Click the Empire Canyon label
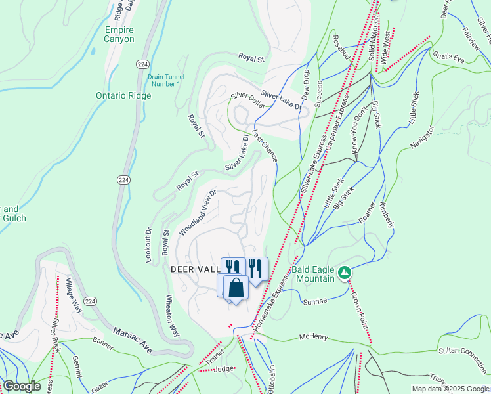(x=119, y=34)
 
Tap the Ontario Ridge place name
(x=123, y=95)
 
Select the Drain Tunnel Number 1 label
(x=163, y=80)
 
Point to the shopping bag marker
(x=236, y=288)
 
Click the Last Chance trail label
(x=265, y=145)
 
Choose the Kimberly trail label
(x=387, y=211)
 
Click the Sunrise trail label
(x=314, y=301)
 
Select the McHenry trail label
(x=313, y=338)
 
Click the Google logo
(x=22, y=386)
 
